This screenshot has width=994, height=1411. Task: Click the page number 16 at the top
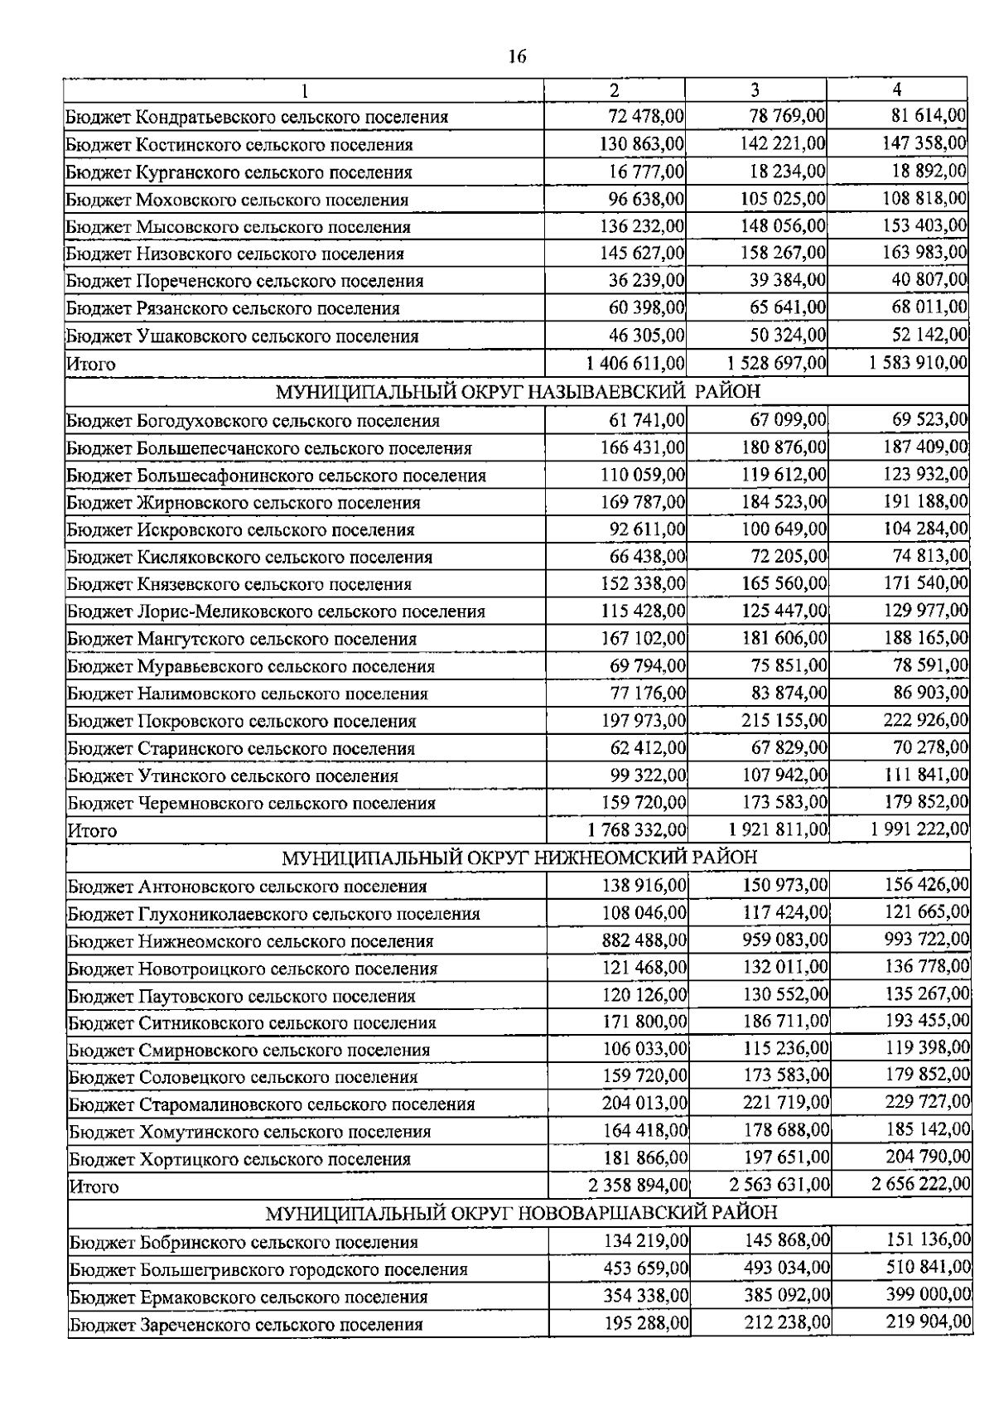[x=517, y=56]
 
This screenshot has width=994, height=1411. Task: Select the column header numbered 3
[x=755, y=89]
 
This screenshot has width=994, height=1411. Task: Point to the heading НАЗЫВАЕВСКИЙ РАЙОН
[x=518, y=390]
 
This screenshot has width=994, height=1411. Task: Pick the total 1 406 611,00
[x=635, y=363]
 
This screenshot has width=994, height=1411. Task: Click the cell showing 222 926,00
[x=925, y=720]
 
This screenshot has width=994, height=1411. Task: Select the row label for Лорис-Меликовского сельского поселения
[x=276, y=611]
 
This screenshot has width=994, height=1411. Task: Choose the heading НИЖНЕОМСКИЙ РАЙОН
[x=519, y=857]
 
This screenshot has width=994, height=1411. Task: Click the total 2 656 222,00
[x=920, y=1185]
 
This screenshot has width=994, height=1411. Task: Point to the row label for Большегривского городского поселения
[x=268, y=1268]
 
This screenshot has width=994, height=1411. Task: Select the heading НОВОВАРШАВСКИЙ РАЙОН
[x=521, y=1213]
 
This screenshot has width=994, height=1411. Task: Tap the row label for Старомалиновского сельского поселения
[x=272, y=1104]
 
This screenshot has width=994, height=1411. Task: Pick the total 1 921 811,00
[x=778, y=829]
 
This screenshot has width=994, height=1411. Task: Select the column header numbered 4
[x=897, y=89]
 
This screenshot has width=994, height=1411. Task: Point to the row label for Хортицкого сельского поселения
[x=239, y=1158]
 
